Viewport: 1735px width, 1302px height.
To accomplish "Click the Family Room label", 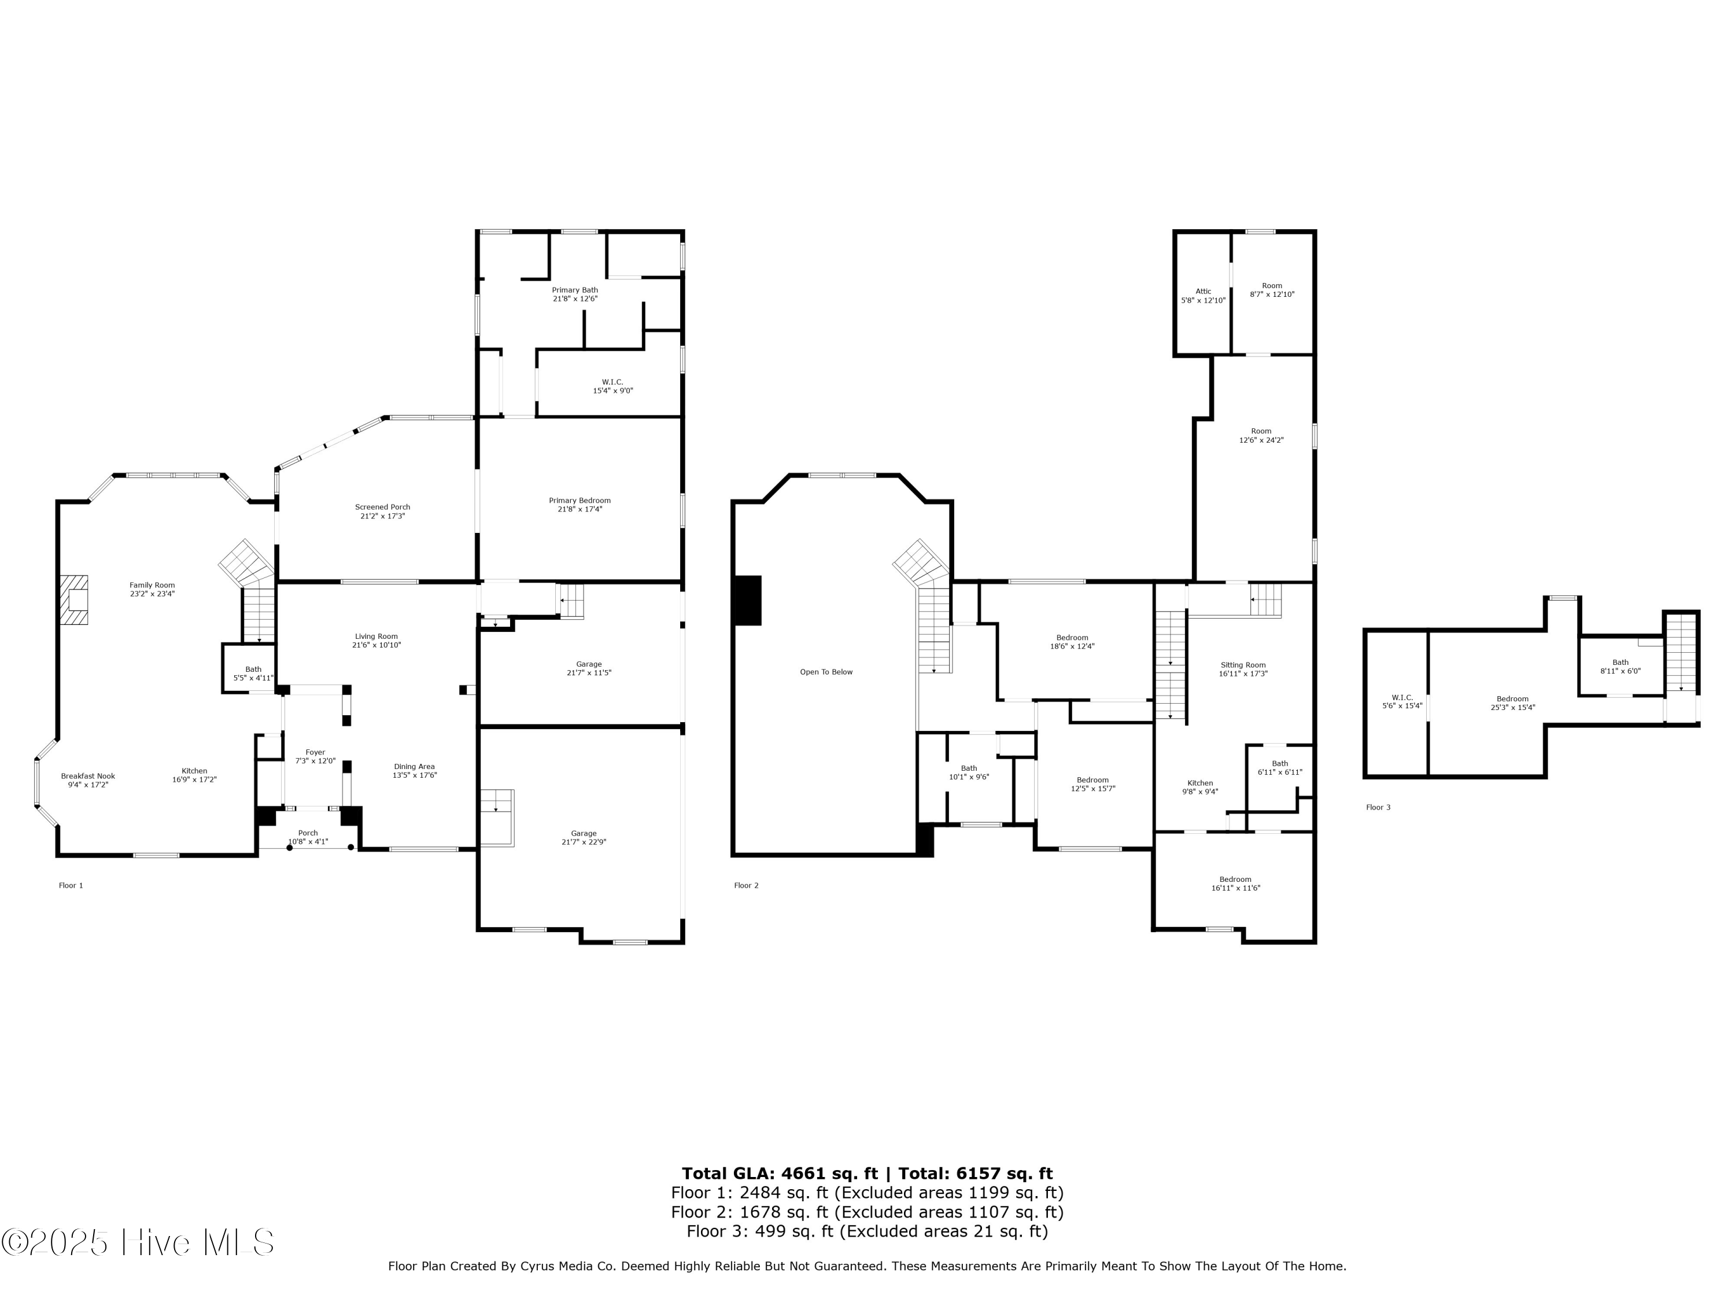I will point(152,584).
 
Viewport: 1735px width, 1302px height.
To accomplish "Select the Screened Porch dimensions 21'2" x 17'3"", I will point(383,516).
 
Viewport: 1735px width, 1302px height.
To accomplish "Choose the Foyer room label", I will point(315,752).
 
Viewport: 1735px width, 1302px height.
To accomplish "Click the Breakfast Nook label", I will point(88,776).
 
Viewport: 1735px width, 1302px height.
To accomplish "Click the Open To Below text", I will point(826,672).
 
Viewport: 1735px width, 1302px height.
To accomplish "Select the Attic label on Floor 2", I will point(1203,291).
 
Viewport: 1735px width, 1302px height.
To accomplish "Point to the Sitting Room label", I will point(1243,665).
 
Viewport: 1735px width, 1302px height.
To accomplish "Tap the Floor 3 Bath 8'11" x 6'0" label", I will point(1620,666).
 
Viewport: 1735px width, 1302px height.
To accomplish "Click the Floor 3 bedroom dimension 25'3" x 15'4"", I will point(1513,707).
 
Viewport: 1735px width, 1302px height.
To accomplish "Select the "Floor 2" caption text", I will point(746,885).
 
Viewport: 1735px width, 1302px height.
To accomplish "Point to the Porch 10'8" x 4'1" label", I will point(308,837).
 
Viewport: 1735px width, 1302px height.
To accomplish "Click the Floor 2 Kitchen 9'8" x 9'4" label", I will point(1200,787).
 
